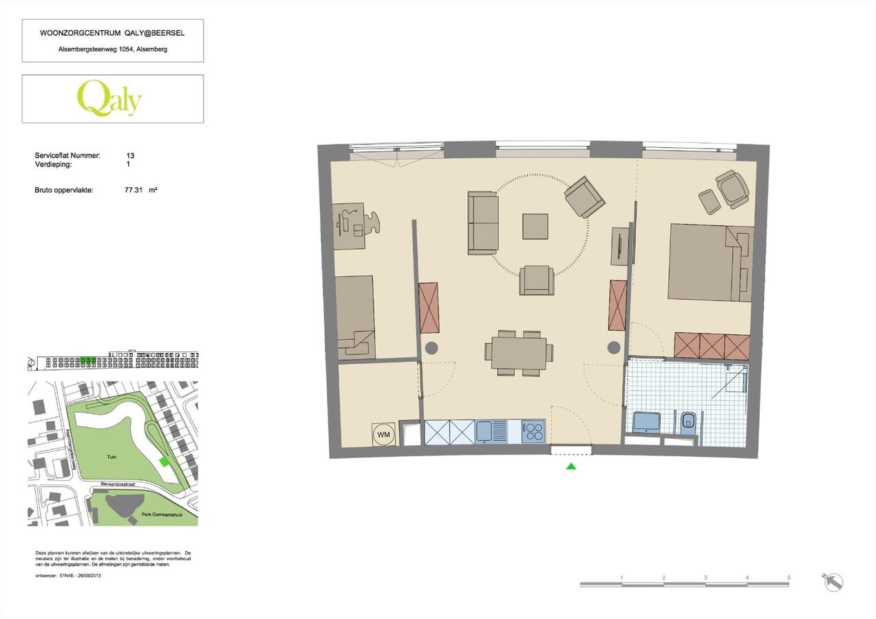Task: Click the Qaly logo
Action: [109, 98]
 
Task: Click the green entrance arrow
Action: [570, 466]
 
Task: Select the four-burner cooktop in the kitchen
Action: [533, 432]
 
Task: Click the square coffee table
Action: [535, 226]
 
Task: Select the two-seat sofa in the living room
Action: [483, 223]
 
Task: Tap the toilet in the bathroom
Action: [687, 422]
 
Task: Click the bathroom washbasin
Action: [646, 422]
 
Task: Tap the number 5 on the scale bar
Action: [789, 578]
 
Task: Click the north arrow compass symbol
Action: [833, 581]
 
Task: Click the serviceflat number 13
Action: [130, 156]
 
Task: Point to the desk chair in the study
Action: [372, 222]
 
